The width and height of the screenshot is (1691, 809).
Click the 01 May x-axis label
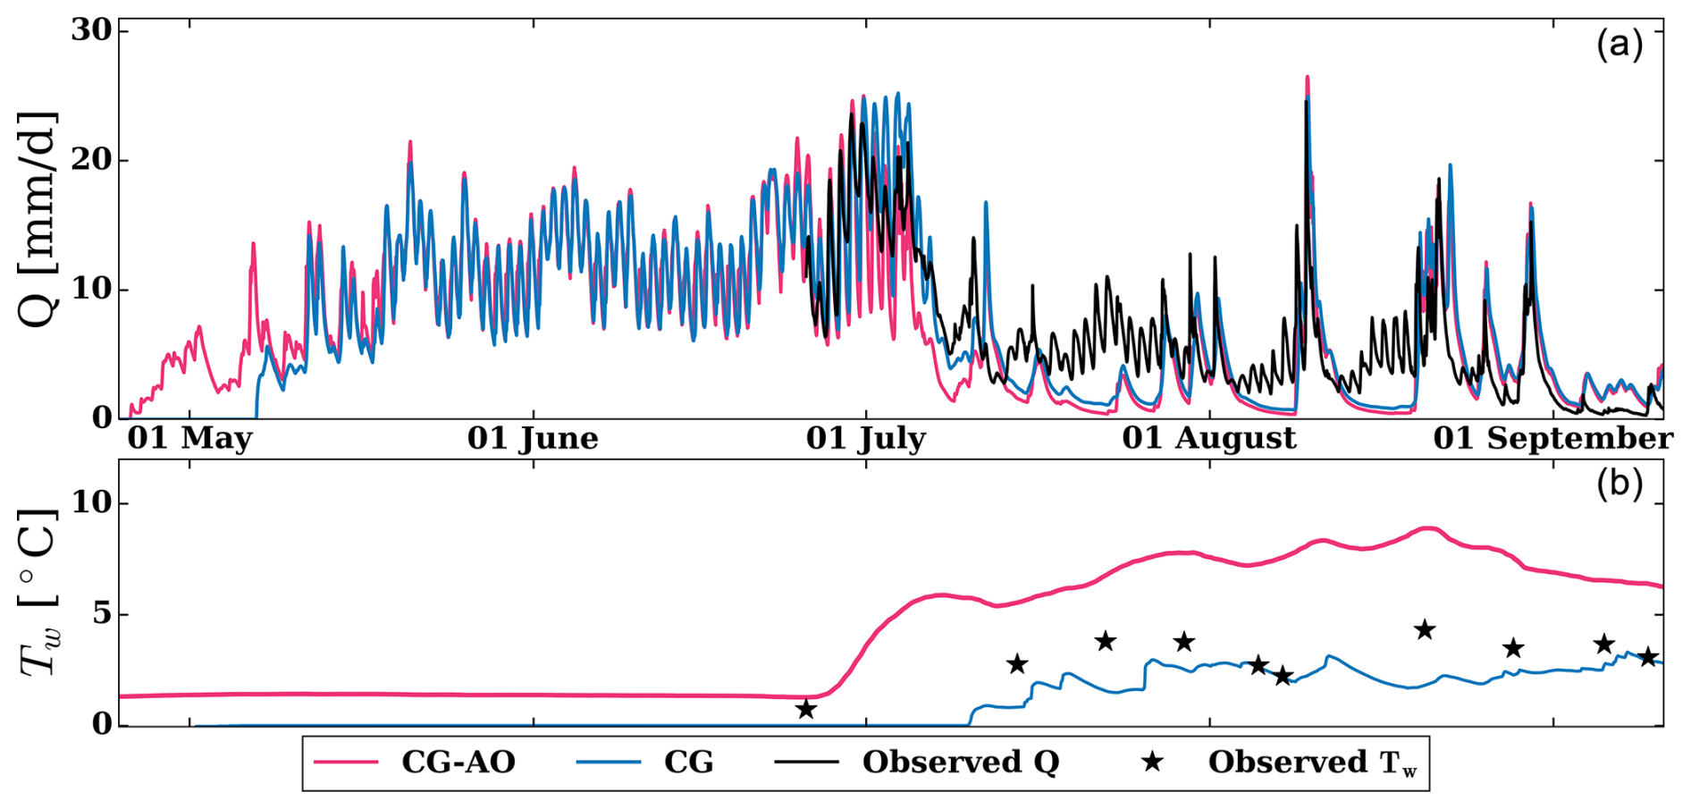[189, 438]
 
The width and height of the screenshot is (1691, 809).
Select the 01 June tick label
[533, 438]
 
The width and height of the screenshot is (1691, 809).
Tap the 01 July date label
[865, 438]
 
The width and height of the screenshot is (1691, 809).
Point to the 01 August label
[1208, 438]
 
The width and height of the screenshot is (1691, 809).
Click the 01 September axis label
[1552, 438]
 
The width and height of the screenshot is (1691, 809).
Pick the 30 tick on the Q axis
[92, 30]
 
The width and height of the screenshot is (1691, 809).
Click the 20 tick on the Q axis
[92, 160]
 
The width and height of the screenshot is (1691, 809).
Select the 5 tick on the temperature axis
[102, 614]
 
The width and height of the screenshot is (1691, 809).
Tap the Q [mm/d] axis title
[38, 219]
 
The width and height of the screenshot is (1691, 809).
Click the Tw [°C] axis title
[38, 593]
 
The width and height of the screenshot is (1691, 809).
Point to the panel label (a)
[1619, 44]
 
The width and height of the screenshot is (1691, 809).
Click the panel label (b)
[1619, 484]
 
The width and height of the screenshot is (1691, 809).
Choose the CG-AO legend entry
[458, 763]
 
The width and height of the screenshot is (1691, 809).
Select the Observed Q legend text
[961, 763]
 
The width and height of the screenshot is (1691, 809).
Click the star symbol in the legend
[1153, 762]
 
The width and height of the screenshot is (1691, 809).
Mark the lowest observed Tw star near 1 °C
[806, 709]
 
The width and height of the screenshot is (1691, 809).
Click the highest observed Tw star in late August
[1425, 629]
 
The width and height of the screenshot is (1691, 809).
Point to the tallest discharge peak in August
[1307, 79]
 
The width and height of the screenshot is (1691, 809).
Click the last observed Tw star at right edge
[1648, 657]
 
